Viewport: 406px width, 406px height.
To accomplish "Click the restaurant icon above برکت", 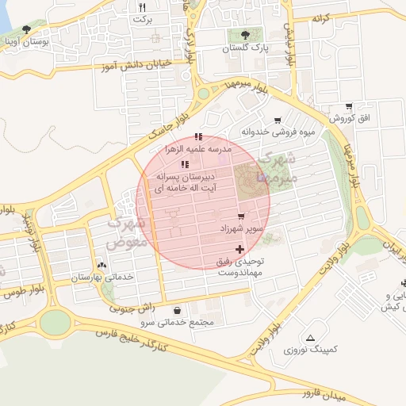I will click(x=142, y=6).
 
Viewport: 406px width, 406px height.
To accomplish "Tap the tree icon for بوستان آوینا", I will click(x=26, y=30).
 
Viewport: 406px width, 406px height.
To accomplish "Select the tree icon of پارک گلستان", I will click(x=242, y=35).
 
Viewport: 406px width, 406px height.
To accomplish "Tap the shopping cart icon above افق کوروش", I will click(x=348, y=106).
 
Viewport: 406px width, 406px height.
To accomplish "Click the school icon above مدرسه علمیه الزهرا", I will click(x=198, y=136).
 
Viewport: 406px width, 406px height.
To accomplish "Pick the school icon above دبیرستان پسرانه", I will click(x=185, y=164).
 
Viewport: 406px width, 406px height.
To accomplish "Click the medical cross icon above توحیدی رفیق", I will click(x=240, y=249).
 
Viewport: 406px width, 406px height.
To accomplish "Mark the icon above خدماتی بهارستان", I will click(x=101, y=266).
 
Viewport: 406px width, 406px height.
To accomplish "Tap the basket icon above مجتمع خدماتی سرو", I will click(x=176, y=310).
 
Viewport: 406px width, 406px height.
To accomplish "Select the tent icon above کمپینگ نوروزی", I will click(x=310, y=337).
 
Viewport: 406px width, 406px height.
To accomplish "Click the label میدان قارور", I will click(x=345, y=389).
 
